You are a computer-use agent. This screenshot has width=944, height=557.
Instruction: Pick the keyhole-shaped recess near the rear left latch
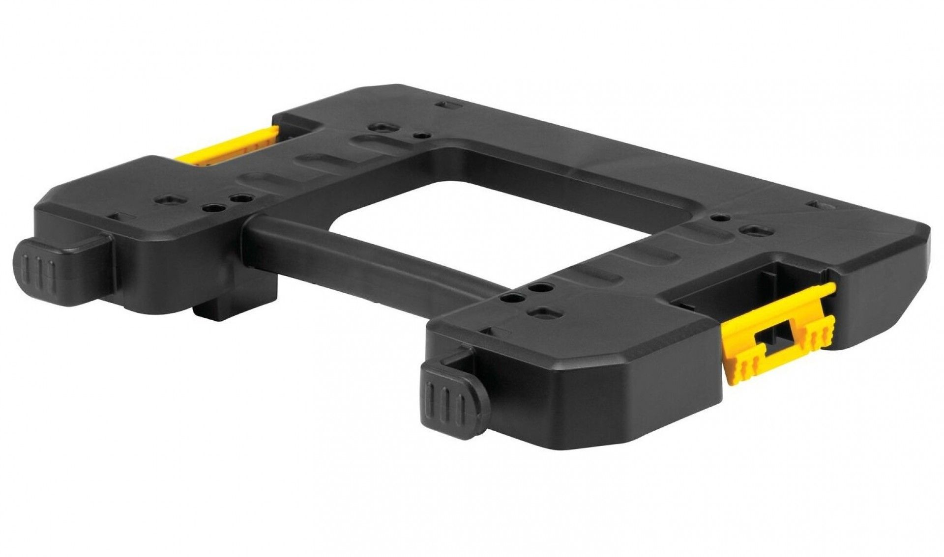tap(381, 127)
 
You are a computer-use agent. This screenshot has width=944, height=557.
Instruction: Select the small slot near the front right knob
tap(488, 332)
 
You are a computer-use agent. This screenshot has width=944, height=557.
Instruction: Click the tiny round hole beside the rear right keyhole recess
tap(720, 217)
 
